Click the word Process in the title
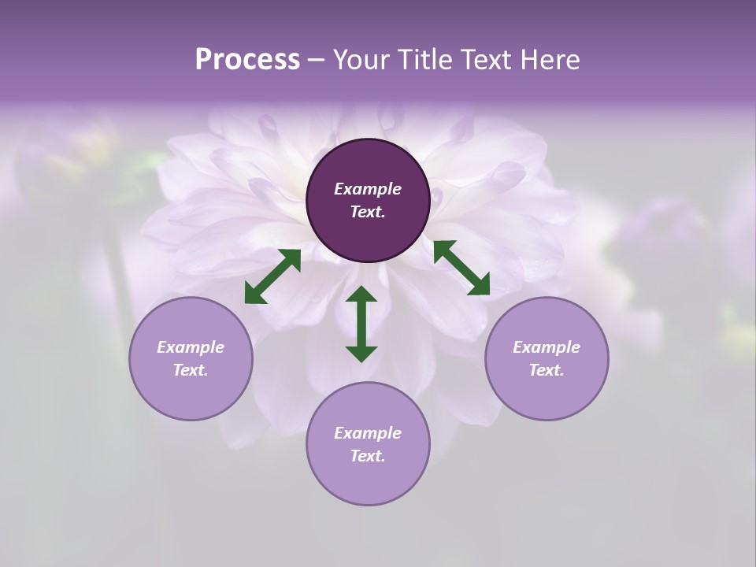[x=247, y=60]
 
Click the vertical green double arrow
[x=361, y=324]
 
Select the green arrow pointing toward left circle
[x=272, y=276]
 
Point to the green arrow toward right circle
[x=461, y=268]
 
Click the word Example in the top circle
[x=368, y=189]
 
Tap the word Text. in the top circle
[x=368, y=212]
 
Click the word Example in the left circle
[x=191, y=347]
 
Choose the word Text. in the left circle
[x=191, y=370]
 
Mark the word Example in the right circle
[x=547, y=347]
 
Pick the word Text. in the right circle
[x=547, y=370]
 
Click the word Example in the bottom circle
[x=368, y=433]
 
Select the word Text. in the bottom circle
[x=368, y=456]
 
